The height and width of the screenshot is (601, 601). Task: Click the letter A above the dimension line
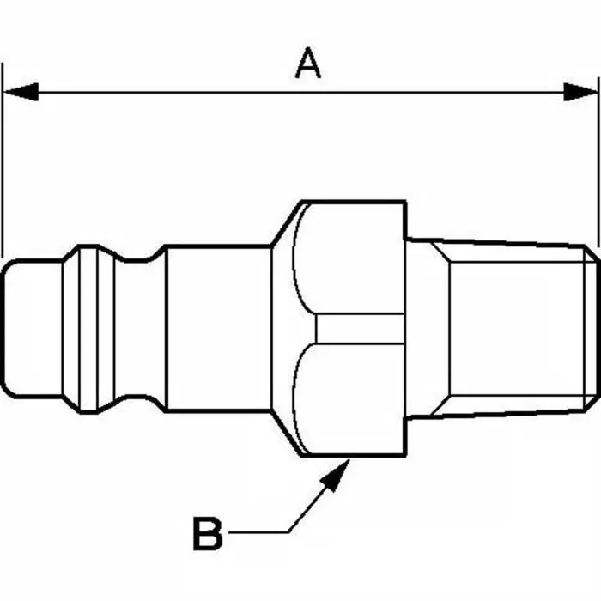tap(307, 64)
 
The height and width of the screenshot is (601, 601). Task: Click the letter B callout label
tap(207, 533)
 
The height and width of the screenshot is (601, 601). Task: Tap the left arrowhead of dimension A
tap(21, 91)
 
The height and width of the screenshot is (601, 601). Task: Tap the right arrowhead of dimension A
tap(580, 91)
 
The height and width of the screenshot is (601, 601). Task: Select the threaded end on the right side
tap(507, 328)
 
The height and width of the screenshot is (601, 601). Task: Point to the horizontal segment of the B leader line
tap(258, 532)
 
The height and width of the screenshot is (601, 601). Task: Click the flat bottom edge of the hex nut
tap(352, 455)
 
